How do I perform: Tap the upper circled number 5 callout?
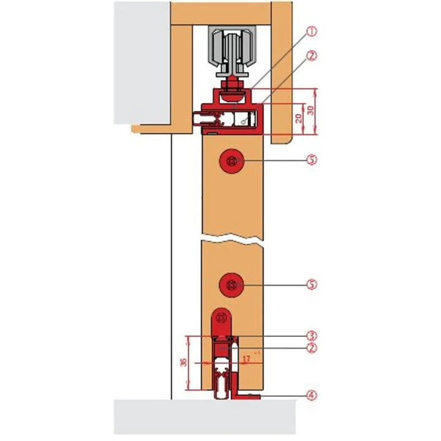coord(312,160)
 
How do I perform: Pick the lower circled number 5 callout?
coord(312,284)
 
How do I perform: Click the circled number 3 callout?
coord(312,336)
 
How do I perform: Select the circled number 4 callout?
coord(312,396)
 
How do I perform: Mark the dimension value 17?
coord(244,362)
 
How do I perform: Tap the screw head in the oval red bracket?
coord(222,319)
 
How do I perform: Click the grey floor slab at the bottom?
coord(205,417)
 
